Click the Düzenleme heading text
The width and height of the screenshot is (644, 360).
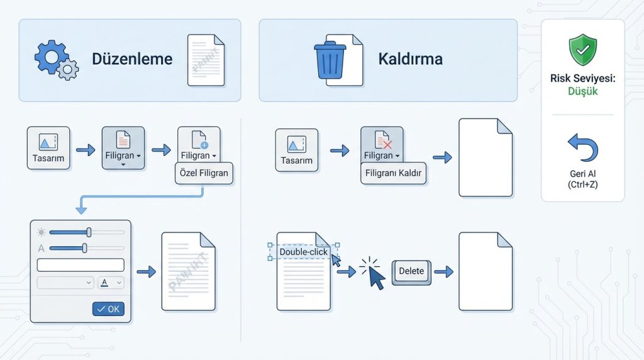[132, 60]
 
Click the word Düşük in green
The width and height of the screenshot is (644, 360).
[582, 91]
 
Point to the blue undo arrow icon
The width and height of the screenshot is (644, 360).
[582, 148]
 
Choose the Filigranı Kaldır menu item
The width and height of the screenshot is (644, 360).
[394, 174]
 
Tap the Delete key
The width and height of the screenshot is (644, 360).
[411, 272]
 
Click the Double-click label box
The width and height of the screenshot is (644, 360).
[304, 251]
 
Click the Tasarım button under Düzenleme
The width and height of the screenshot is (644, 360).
[48, 148]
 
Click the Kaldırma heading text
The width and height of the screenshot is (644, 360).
[410, 60]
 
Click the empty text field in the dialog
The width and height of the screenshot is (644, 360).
[80, 265]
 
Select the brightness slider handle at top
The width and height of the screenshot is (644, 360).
[89, 232]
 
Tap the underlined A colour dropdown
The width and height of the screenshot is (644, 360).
[111, 283]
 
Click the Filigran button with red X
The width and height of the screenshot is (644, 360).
[382, 147]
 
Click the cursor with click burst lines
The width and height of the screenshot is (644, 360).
[375, 274]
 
